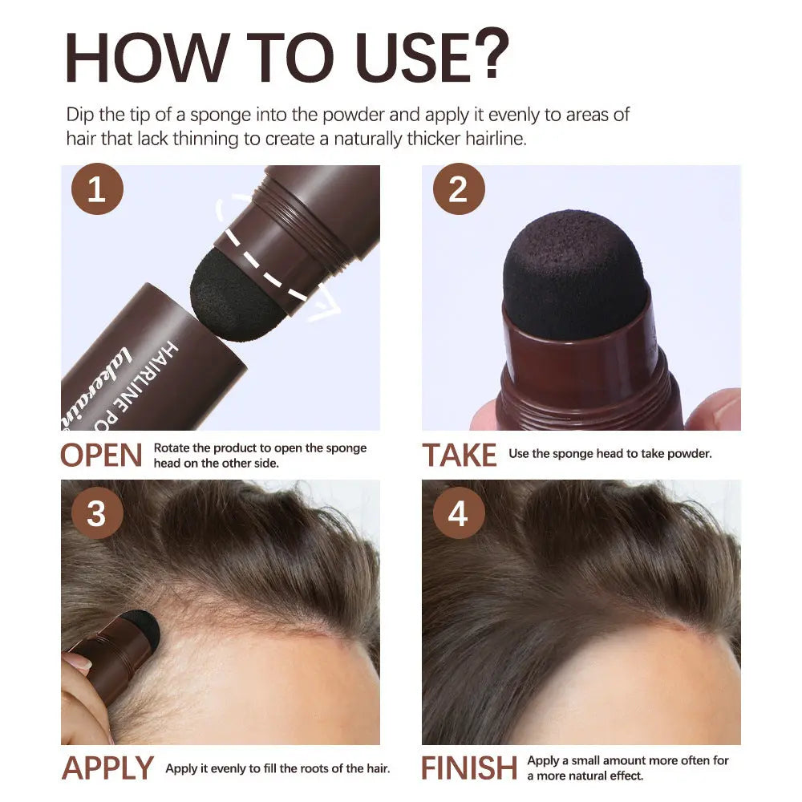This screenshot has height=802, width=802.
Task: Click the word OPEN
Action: coord(101,455)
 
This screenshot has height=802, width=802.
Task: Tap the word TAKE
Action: coord(460,455)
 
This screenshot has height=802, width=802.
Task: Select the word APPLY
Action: coord(107,768)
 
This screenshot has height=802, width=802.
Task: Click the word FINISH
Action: coord(470,768)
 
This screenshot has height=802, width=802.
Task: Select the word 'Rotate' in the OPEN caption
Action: coord(172,448)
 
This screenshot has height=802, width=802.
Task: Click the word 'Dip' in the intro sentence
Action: coord(80,114)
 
